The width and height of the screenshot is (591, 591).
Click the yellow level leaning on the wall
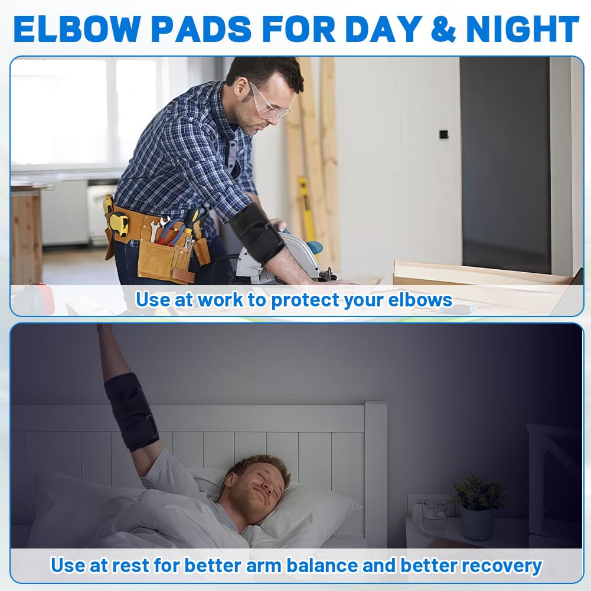(x=306, y=201)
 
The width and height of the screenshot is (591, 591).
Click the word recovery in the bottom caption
(x=501, y=565)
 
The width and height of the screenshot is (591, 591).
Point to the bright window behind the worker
(x=83, y=112)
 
